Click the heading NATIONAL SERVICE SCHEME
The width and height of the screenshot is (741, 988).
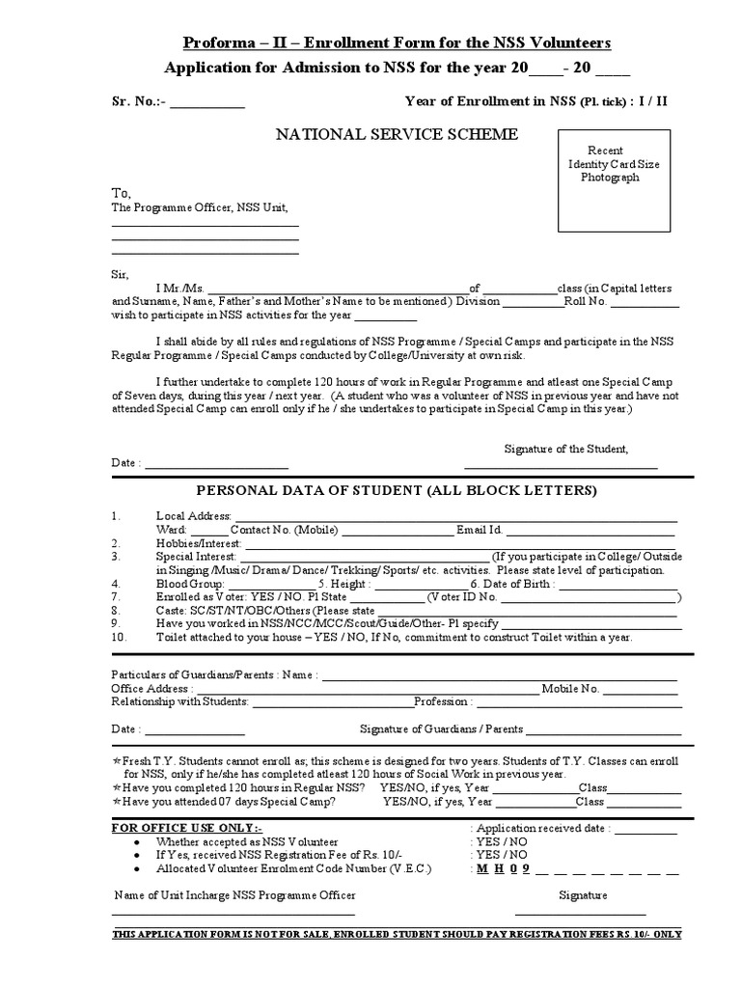click(x=398, y=134)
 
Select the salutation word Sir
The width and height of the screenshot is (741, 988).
click(x=120, y=274)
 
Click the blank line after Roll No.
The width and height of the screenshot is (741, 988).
click(x=645, y=302)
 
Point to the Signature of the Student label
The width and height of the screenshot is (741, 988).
click(x=566, y=449)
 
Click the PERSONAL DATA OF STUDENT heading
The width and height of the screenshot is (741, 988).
click(x=397, y=491)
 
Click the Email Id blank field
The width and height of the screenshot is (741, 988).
click(x=590, y=531)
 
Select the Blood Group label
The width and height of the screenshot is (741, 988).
click(x=190, y=584)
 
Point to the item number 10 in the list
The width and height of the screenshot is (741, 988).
click(x=119, y=638)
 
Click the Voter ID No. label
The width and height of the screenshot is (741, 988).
click(x=458, y=597)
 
